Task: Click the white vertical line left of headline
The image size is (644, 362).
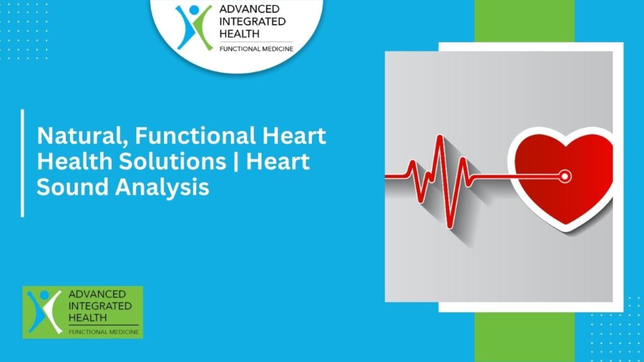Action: coord(23,163)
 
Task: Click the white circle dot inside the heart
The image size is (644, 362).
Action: coord(565,177)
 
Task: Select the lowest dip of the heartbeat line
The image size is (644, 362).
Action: coord(449,226)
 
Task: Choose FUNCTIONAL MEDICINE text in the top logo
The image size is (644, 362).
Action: coord(255,48)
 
